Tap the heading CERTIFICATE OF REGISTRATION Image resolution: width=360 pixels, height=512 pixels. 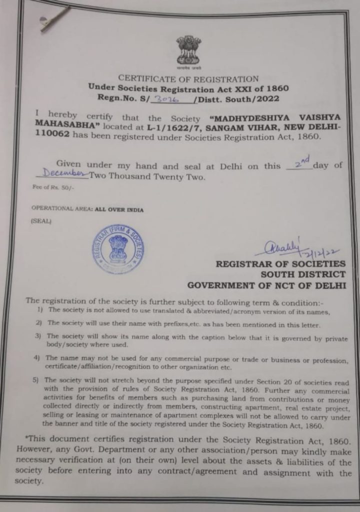tap(188, 78)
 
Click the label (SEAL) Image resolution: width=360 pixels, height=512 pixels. tap(41, 220)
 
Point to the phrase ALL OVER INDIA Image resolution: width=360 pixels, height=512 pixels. tap(119, 210)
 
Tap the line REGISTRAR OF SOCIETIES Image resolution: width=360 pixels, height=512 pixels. tap(280, 264)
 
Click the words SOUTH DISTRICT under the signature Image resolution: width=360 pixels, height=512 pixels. tap(302, 274)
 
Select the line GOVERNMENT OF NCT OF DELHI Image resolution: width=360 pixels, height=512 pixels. tap(266, 285)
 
